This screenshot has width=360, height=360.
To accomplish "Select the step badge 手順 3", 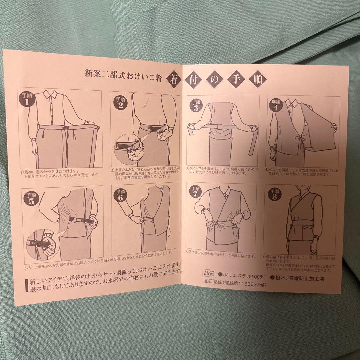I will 195,106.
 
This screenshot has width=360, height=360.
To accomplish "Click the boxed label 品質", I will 209,277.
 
